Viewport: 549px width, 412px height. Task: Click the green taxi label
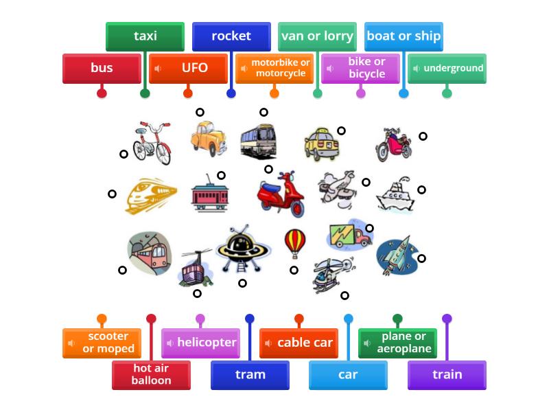click(x=145, y=36)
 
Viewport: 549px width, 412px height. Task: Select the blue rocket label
click(x=231, y=36)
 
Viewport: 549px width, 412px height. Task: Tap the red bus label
click(x=102, y=68)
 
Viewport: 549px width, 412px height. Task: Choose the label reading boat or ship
click(x=404, y=36)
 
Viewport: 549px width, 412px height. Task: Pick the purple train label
click(x=447, y=375)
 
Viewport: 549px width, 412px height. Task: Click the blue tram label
click(x=250, y=375)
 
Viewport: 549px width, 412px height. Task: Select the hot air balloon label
click(x=151, y=375)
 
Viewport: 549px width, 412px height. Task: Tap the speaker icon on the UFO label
click(x=158, y=69)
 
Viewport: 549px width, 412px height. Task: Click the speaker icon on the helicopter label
click(x=170, y=343)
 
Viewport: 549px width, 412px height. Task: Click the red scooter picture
click(x=281, y=194)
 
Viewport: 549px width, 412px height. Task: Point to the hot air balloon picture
click(x=294, y=242)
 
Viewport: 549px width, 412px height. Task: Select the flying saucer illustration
click(x=243, y=249)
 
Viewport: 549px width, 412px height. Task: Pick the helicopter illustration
click(x=331, y=275)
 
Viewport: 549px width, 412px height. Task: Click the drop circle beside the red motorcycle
click(x=423, y=136)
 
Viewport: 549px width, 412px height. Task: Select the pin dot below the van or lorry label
click(x=317, y=93)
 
